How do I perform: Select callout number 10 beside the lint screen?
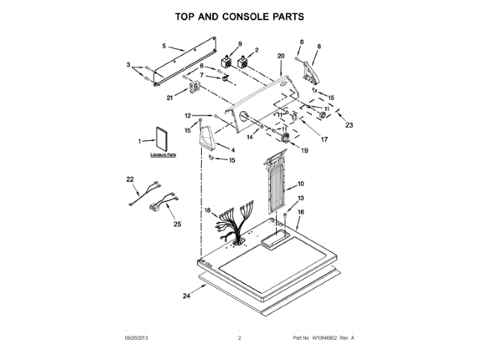pyautogui.click(x=300, y=184)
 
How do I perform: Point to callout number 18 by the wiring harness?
pyautogui.click(x=208, y=211)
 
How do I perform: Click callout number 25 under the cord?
pyautogui.click(x=177, y=223)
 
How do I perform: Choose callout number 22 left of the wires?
pyautogui.click(x=129, y=178)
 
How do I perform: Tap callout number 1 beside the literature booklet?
pyautogui.click(x=139, y=141)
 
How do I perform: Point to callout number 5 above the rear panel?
pyautogui.click(x=164, y=46)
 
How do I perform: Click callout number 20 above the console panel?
pyautogui.click(x=280, y=55)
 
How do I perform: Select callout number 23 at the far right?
pyautogui.click(x=348, y=125)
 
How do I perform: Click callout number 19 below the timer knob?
pyautogui.click(x=304, y=150)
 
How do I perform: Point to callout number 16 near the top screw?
pyautogui.click(x=301, y=212)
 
